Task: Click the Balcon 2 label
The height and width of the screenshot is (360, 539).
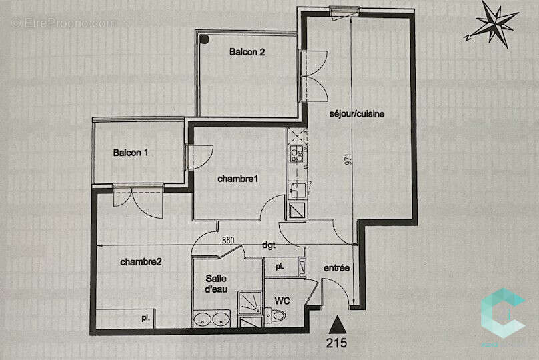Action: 247,52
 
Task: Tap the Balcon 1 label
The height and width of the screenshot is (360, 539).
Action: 131,153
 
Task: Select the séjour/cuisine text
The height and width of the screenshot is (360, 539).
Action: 357,114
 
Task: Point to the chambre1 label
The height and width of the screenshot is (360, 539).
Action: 238,179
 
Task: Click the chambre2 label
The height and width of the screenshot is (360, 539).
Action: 141,262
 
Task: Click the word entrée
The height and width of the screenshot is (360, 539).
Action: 337,268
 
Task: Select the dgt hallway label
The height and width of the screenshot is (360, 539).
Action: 269,245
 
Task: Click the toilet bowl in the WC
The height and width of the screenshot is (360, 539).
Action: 278,315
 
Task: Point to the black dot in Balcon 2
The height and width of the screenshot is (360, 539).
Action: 205,39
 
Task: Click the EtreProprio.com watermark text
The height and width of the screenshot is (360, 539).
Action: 64,23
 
